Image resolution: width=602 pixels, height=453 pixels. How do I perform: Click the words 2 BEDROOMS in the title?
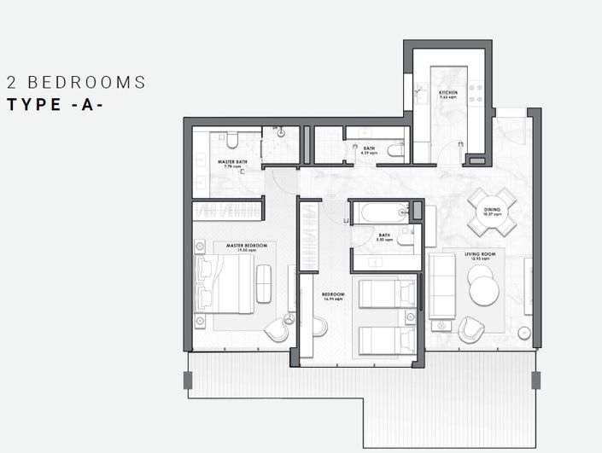[x=76, y=83]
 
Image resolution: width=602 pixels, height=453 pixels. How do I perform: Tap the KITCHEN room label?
[x=449, y=94]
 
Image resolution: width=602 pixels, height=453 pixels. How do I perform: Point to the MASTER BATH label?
[x=231, y=163]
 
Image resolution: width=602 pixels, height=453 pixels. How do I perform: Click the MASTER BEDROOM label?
[x=246, y=247]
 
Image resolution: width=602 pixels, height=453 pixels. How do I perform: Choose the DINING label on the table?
[x=492, y=210]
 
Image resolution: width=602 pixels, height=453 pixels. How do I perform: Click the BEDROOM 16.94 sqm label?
[x=333, y=299]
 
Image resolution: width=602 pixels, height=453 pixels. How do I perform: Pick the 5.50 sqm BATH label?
[x=384, y=237]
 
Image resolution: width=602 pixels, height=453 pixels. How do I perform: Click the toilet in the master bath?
[x=231, y=139]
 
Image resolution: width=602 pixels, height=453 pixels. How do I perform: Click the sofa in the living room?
[x=442, y=284]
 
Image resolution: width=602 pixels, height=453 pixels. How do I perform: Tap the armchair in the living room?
[x=470, y=330]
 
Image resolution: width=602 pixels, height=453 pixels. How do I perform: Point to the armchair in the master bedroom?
[x=278, y=329]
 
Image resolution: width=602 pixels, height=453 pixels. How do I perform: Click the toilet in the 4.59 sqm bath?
[x=395, y=150]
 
